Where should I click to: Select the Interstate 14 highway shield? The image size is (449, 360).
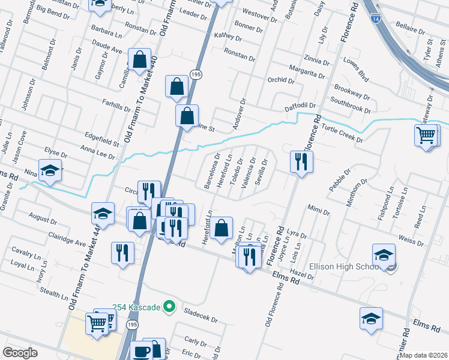[375, 19]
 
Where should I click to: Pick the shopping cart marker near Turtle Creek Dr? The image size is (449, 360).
[426, 134]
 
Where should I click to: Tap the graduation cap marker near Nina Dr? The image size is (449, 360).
[50, 170]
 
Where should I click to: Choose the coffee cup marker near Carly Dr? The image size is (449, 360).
[142, 351]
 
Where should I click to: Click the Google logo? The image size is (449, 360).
[20, 353]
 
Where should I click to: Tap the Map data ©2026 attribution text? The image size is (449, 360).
[424, 355]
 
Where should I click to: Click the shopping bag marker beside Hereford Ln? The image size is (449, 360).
[221, 228]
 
